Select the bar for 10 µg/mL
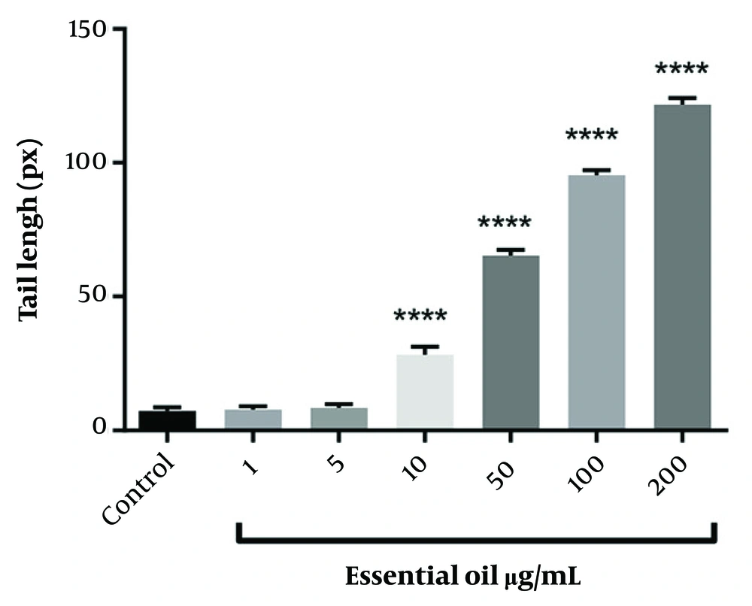[425, 392]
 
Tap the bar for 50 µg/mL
[511, 343]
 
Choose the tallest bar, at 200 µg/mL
[682, 268]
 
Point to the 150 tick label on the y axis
[91, 30]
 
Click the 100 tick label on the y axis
[91, 163]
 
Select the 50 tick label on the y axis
[97, 297]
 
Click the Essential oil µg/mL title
[464, 578]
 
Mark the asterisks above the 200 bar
[681, 71]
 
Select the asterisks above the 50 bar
[505, 223]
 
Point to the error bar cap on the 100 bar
[596, 171]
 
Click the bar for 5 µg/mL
[338, 419]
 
